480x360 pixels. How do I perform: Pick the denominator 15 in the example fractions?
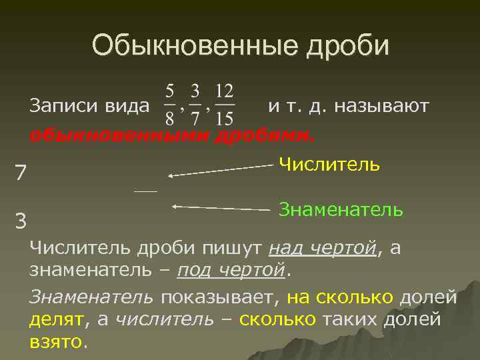coord(225,119)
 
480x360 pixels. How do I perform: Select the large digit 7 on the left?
coord(21,173)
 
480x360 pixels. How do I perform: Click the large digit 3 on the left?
coord(21,219)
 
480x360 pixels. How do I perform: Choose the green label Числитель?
coord(329,164)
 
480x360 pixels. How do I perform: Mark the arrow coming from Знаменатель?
coord(220,208)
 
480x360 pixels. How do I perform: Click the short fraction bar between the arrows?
coord(145,191)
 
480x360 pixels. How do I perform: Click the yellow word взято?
coord(57,342)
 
